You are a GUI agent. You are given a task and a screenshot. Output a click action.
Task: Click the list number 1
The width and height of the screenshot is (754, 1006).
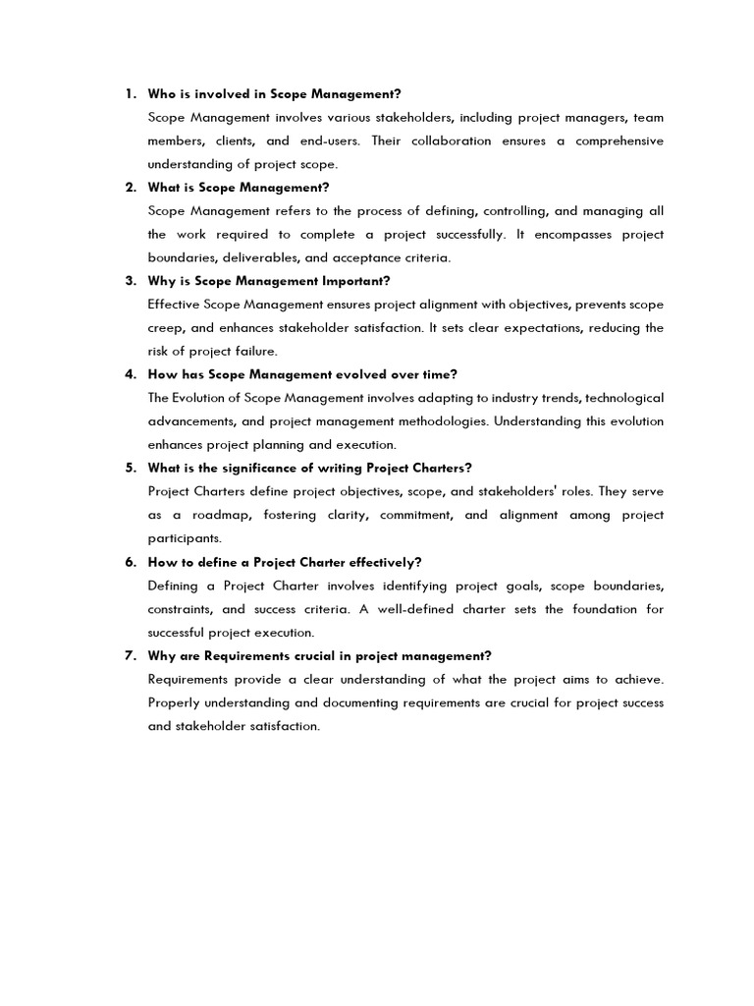click(130, 94)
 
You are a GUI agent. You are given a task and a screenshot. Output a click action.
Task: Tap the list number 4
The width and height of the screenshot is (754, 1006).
click(130, 374)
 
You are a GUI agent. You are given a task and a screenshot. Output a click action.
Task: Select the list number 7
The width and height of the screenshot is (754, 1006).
click(130, 655)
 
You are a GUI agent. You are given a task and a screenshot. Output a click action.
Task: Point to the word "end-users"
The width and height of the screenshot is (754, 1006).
click(331, 140)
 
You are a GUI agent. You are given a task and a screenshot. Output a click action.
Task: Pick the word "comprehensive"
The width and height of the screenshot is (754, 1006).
click(619, 140)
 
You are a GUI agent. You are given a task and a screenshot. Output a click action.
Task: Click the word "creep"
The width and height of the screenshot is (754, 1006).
click(164, 328)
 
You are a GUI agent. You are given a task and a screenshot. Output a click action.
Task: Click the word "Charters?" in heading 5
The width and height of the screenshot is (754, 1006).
click(430, 468)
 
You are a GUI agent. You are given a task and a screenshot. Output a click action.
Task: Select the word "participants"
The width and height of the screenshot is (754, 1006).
click(184, 538)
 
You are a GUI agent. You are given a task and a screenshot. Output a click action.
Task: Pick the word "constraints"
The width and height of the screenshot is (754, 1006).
click(183, 609)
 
